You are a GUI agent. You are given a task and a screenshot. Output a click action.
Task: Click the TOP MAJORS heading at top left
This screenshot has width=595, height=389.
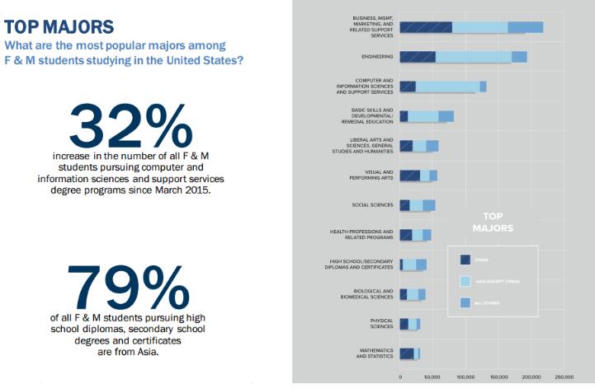(45, 27)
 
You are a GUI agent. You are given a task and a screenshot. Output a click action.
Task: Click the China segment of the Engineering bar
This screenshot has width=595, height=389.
(418, 57)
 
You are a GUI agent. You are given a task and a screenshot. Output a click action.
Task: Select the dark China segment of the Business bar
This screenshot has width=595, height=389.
(426, 27)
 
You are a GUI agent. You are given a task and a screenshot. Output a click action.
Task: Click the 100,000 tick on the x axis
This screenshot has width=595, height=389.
(465, 377)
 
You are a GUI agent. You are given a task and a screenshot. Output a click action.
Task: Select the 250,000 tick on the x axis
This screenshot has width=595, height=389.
(564, 377)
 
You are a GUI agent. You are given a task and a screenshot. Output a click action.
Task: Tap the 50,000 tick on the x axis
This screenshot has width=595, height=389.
(432, 377)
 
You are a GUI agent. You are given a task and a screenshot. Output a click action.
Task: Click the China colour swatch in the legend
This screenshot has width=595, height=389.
(465, 260)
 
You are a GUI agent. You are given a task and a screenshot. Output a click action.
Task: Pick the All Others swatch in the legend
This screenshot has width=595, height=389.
(465, 305)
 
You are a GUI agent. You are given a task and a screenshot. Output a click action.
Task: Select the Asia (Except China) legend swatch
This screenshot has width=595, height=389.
(465, 282)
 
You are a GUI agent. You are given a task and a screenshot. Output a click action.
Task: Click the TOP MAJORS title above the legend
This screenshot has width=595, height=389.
(493, 221)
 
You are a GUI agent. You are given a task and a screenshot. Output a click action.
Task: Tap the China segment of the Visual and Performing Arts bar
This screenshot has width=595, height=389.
(410, 176)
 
